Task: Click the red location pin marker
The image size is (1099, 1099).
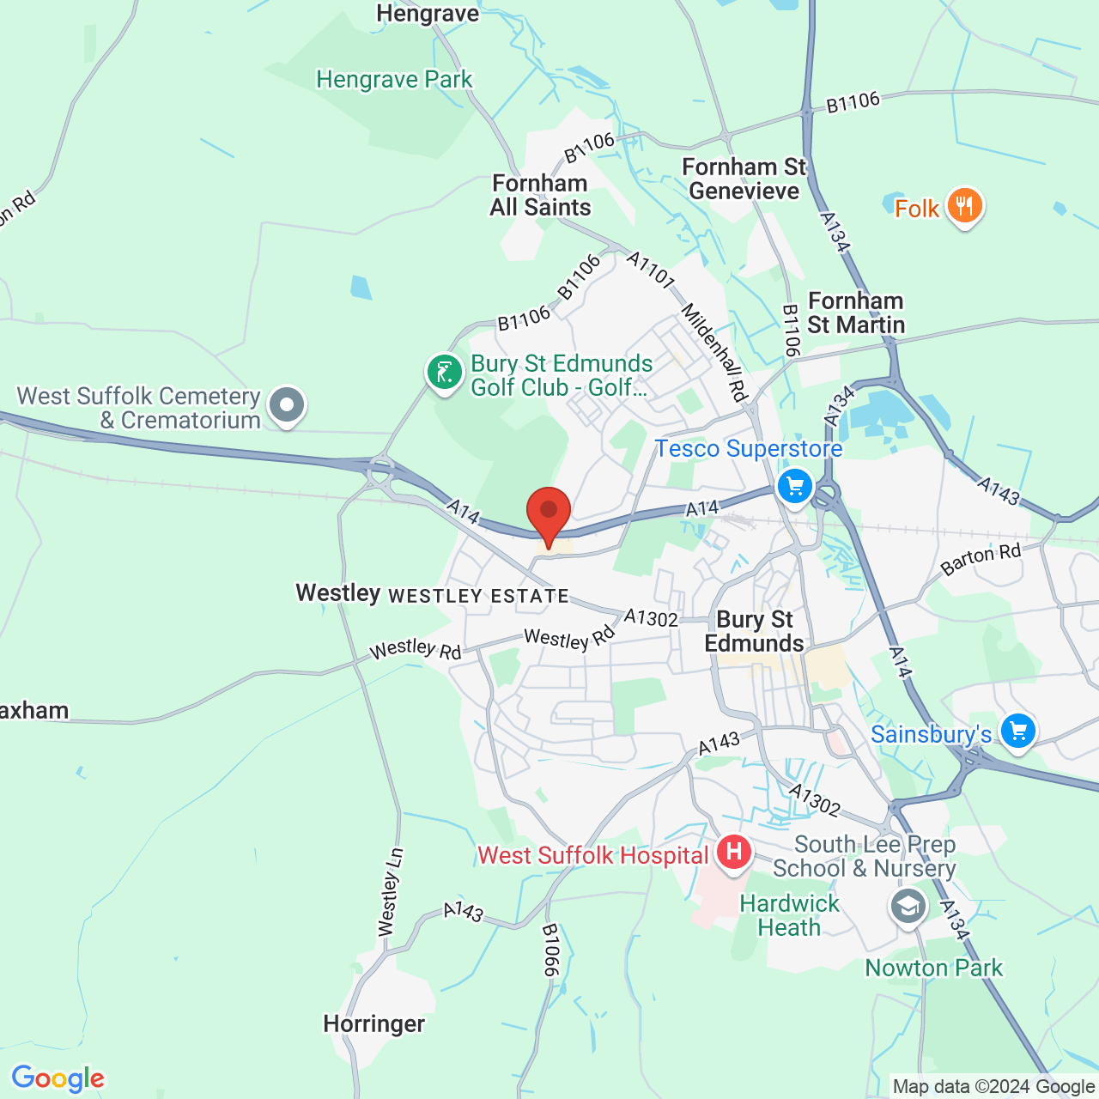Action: point(548,513)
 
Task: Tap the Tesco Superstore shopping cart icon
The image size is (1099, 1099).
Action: point(795,486)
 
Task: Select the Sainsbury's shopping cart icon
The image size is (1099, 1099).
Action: point(1017,732)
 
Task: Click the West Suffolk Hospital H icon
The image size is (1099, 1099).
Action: point(734,853)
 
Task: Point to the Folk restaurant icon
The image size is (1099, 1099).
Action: point(964,207)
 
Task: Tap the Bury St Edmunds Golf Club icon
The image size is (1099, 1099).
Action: point(445,373)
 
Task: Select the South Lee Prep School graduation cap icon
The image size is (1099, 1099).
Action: point(908,907)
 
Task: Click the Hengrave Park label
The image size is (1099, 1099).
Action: point(394,80)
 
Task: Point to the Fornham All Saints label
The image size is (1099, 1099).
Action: point(540,195)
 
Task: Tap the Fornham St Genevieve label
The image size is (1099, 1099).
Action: point(744,179)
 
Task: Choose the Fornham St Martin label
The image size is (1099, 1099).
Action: point(856,313)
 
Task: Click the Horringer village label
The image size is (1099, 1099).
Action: point(373,1023)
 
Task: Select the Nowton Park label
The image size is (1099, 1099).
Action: point(933,968)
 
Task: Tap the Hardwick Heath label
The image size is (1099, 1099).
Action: point(789,915)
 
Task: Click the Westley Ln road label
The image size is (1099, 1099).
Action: point(391,893)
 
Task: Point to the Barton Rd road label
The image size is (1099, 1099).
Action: point(981,559)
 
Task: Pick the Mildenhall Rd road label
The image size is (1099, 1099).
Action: point(714,352)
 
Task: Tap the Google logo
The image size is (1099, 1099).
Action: point(58,1078)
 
